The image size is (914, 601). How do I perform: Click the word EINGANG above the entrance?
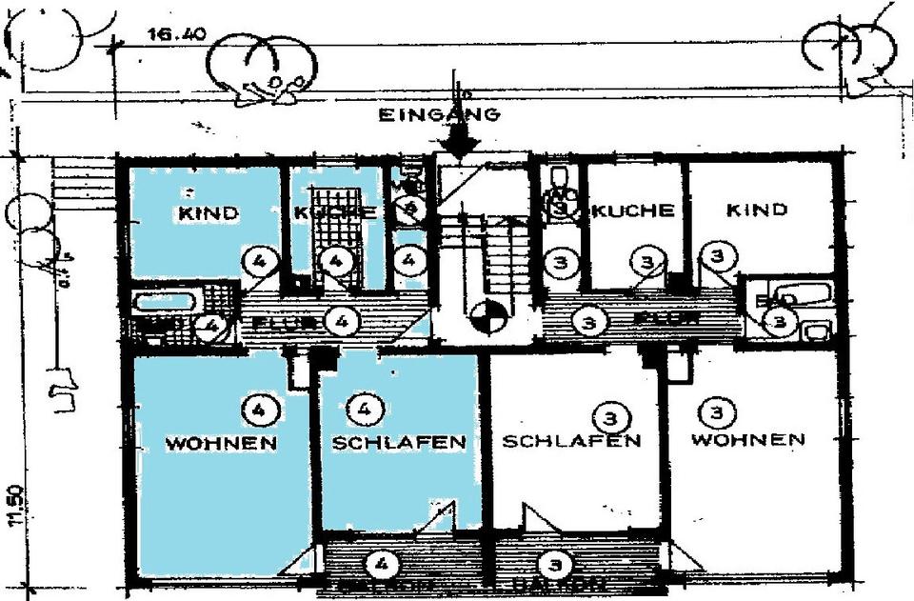click(439, 116)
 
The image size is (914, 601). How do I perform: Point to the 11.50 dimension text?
click(12, 506)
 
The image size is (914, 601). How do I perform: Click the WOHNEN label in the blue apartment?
click(221, 444)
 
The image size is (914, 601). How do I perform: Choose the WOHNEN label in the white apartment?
click(747, 440)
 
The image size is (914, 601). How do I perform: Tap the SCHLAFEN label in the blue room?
click(398, 443)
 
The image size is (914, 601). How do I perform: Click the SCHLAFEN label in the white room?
click(571, 441)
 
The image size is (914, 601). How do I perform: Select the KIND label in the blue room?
click(209, 213)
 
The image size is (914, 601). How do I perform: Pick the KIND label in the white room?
click(757, 210)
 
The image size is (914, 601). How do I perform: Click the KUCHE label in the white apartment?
click(633, 211)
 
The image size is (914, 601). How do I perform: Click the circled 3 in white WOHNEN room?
click(716, 412)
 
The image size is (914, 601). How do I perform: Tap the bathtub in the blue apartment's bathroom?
click(165, 303)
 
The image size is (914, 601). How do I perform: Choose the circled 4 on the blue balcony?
click(382, 565)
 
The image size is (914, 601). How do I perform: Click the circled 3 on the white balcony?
click(553, 565)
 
